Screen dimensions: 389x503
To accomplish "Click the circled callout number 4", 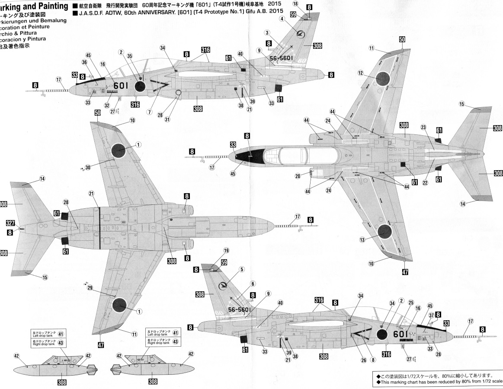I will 282,19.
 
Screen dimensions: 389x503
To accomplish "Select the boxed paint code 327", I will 11,223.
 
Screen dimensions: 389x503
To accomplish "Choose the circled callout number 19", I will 226,250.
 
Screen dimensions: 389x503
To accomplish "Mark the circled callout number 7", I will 149,112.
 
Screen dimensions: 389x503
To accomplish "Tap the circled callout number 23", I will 423,127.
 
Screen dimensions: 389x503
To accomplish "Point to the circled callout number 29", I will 90,287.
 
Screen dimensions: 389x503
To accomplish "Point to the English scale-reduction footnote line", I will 439,382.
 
